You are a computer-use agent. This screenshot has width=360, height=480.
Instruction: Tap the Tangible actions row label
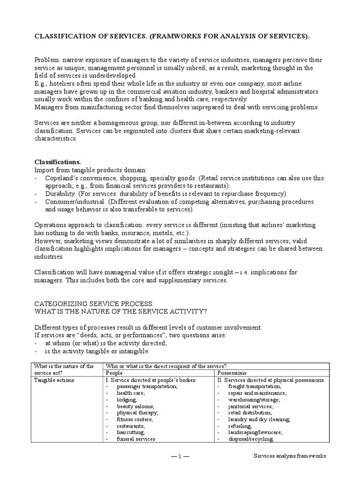(54, 380)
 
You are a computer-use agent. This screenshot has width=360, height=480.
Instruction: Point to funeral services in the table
(136, 439)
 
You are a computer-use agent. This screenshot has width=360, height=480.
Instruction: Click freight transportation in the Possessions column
(255, 386)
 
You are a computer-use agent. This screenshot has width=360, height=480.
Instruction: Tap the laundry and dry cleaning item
(259, 419)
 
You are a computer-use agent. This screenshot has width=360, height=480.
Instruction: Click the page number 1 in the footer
(180, 456)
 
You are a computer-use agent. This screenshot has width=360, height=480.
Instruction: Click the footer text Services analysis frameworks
(290, 456)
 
